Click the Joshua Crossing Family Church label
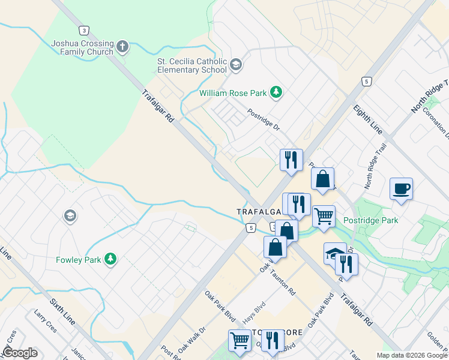[x=82, y=47]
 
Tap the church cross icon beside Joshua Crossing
[x=122, y=46]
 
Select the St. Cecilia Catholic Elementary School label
[x=191, y=65]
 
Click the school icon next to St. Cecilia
[x=235, y=65]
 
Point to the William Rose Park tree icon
[x=276, y=92]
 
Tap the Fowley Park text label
[x=79, y=260]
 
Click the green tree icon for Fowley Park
[x=110, y=259]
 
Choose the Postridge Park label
[x=370, y=221]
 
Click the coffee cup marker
[x=401, y=189]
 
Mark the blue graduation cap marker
[x=334, y=253]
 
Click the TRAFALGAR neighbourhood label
[x=259, y=212]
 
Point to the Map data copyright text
[x=412, y=355]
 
